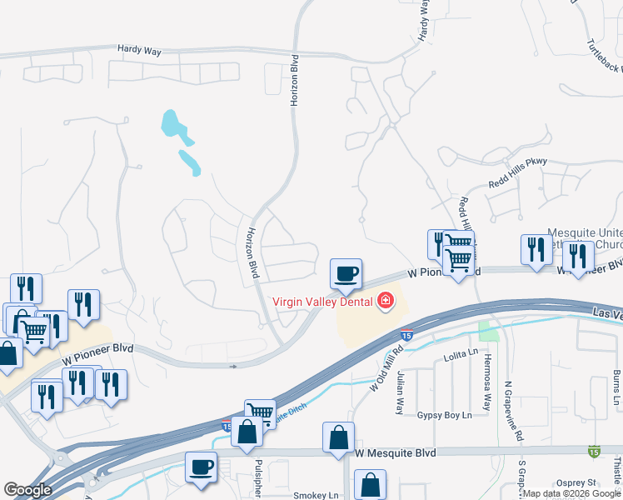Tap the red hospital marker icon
(386, 301)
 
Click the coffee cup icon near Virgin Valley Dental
(346, 272)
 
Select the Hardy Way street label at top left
(139, 50)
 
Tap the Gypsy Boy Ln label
(444, 414)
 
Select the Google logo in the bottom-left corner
(27, 490)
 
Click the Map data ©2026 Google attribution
(572, 493)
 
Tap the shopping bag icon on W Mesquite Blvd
(338, 437)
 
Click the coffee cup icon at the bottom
(201, 467)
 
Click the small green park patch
(487, 332)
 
